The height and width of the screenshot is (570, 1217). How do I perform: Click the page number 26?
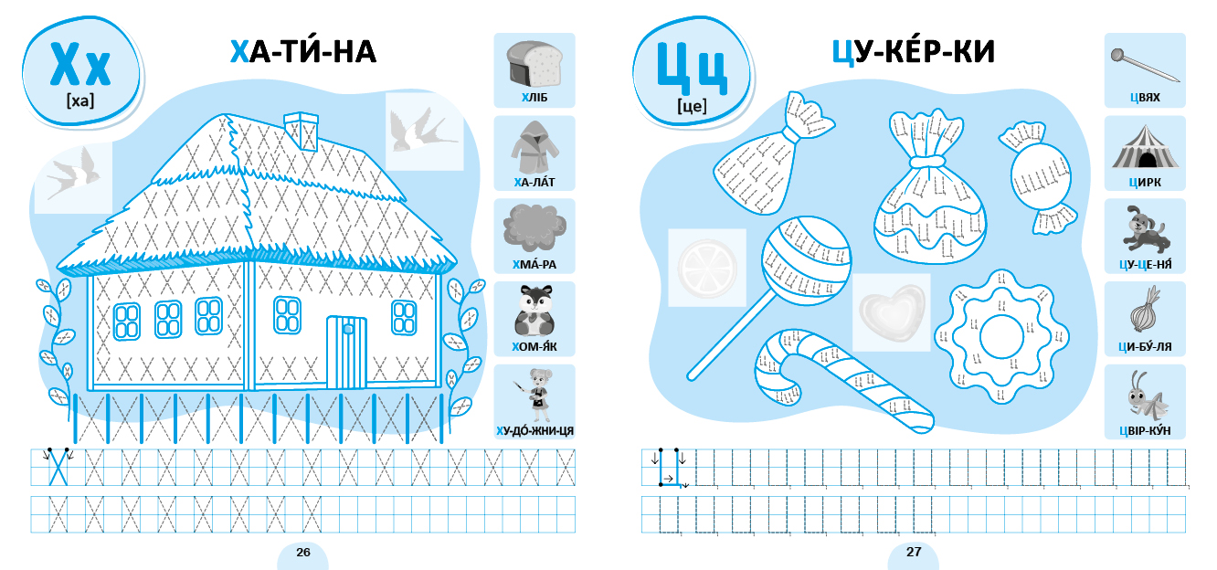point(303,552)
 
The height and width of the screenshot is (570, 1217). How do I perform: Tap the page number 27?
point(914,552)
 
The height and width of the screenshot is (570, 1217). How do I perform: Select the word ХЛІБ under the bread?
point(534,98)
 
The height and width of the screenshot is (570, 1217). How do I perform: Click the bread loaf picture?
point(534,64)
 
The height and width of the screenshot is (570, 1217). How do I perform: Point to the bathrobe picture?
point(534,147)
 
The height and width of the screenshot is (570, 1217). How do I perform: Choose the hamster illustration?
point(534,311)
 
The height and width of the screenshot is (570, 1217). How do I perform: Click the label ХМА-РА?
point(534,264)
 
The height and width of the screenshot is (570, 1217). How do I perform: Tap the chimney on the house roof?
point(301,131)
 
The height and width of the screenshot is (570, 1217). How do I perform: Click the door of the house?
point(346,352)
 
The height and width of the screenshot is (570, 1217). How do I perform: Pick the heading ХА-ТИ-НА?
point(303,52)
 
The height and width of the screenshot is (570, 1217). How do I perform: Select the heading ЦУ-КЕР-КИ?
point(914,52)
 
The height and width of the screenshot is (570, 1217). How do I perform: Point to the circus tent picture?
point(1146,148)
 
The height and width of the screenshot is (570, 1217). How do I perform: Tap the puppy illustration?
point(1146,228)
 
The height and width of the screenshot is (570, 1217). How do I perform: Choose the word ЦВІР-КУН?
point(1146,431)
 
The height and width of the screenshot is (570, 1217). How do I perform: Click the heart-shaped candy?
point(892,311)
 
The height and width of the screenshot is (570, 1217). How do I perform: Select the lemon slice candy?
point(707,268)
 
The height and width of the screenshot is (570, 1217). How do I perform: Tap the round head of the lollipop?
point(806,261)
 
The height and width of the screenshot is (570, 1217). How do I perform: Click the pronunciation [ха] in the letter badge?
point(80,100)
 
